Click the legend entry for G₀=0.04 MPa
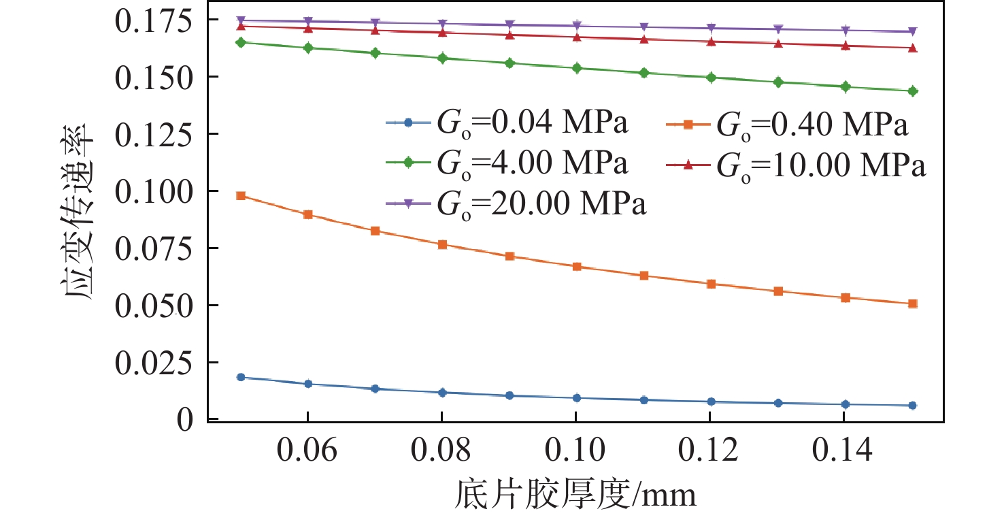point(507,125)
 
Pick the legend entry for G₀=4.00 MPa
point(507,164)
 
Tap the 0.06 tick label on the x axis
point(307,451)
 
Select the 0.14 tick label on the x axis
point(846,451)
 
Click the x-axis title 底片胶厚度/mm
point(575,495)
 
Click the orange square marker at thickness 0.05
point(240,196)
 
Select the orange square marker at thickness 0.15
point(913,304)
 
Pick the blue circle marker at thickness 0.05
point(240,377)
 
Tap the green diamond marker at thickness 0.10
point(577,68)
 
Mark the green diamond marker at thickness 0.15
point(913,91)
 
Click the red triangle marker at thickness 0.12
point(711,42)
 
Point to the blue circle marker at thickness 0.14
point(846,404)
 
